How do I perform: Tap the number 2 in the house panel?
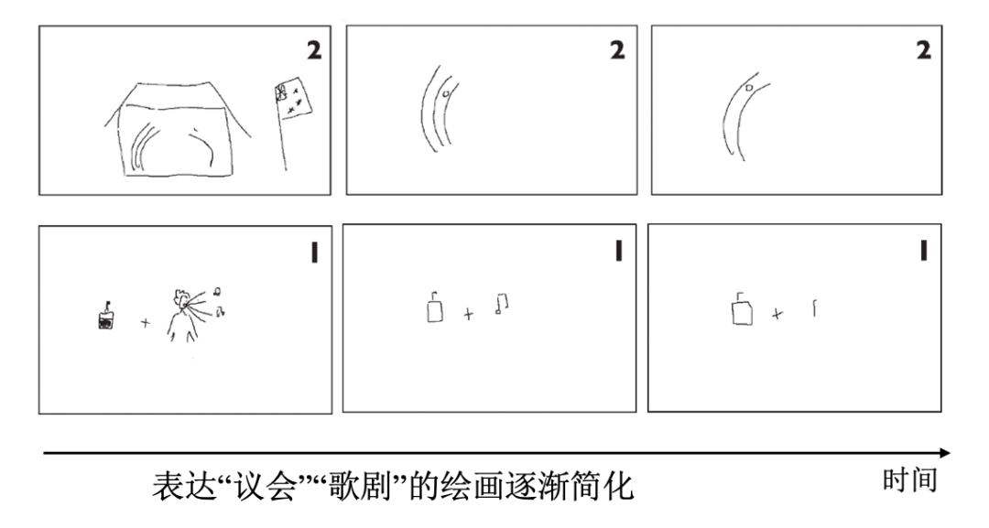[314, 50]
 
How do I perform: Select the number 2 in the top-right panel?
[923, 50]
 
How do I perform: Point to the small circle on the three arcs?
[445, 92]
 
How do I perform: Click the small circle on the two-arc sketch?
[748, 88]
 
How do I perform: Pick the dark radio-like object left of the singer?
[106, 318]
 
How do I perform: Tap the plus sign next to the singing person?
[145, 323]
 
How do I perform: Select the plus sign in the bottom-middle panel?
[469, 315]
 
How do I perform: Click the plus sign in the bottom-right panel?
[777, 314]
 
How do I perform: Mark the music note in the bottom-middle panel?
[500, 304]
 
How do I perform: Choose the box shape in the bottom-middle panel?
[435, 310]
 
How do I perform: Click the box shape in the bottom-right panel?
[742, 310]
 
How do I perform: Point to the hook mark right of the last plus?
[813, 308]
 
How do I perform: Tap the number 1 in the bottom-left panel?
[314, 252]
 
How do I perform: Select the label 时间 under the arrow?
[909, 480]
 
